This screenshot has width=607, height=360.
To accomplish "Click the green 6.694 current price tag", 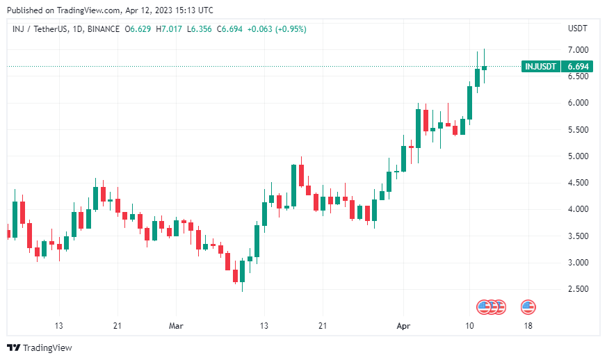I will (x=578, y=66).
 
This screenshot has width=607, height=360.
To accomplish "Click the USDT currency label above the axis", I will (x=578, y=28).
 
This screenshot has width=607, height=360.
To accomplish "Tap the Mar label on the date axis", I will (x=177, y=325).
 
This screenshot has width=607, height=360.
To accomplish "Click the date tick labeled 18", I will (x=529, y=325).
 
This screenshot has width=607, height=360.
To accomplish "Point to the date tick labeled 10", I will (x=470, y=325).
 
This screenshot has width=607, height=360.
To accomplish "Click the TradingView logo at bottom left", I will (x=40, y=347).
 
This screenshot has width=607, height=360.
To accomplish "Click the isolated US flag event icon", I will (x=528, y=306).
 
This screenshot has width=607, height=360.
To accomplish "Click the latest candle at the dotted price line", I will (x=485, y=67).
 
